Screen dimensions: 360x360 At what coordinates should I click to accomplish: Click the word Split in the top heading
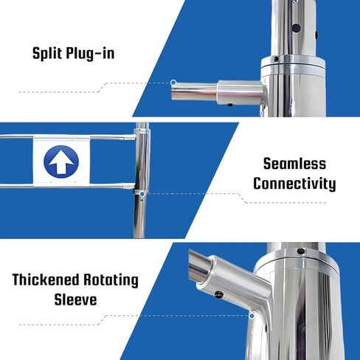click(x=47, y=53)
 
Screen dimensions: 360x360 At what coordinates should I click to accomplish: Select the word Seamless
click(x=294, y=164)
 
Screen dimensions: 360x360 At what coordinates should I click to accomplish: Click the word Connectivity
click(x=294, y=184)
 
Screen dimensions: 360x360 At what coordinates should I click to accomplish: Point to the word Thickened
click(x=45, y=280)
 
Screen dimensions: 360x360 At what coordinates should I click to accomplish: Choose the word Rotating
click(x=111, y=280)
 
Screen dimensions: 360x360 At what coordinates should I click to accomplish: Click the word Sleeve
click(x=75, y=300)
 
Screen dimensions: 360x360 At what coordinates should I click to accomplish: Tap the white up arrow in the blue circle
click(x=61, y=163)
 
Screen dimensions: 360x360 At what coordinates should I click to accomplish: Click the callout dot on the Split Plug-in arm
click(x=173, y=83)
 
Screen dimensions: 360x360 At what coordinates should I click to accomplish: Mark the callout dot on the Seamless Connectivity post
click(x=142, y=194)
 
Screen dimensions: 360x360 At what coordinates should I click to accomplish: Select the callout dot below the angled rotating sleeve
click(x=252, y=316)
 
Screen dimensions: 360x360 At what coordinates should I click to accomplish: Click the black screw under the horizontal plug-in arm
click(x=230, y=105)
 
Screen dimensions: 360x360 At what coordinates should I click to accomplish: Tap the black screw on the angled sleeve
click(x=218, y=294)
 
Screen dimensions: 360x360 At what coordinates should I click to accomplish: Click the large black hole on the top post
click(x=296, y=27)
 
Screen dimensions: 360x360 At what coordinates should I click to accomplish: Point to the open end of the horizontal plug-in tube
click(x=173, y=91)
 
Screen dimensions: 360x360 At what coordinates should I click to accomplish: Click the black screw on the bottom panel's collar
click(x=300, y=251)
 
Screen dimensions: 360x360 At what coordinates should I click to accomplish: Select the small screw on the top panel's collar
click(x=277, y=59)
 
